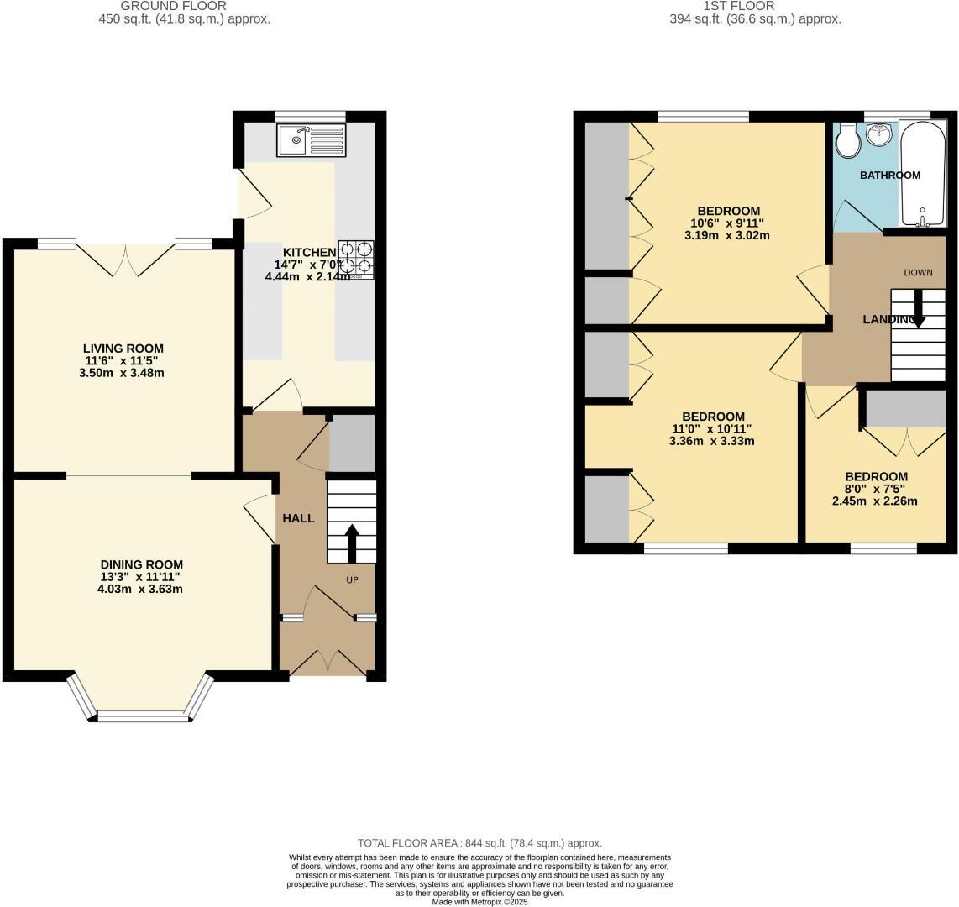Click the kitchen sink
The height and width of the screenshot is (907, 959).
(x=310, y=139)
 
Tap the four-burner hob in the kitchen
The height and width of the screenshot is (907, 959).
(x=356, y=259)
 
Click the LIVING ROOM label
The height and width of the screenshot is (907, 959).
(x=123, y=349)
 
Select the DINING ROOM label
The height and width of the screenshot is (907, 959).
(x=141, y=564)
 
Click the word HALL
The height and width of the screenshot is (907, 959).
(x=298, y=518)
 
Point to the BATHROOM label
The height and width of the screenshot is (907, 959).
(x=889, y=176)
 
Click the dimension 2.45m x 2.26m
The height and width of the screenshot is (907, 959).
(x=874, y=501)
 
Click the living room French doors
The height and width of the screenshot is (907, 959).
(x=126, y=259)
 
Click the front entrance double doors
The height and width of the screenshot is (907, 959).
(x=328, y=663)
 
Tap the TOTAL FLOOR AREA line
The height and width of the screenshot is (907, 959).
(x=479, y=843)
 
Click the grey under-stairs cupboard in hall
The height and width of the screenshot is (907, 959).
(x=351, y=443)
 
